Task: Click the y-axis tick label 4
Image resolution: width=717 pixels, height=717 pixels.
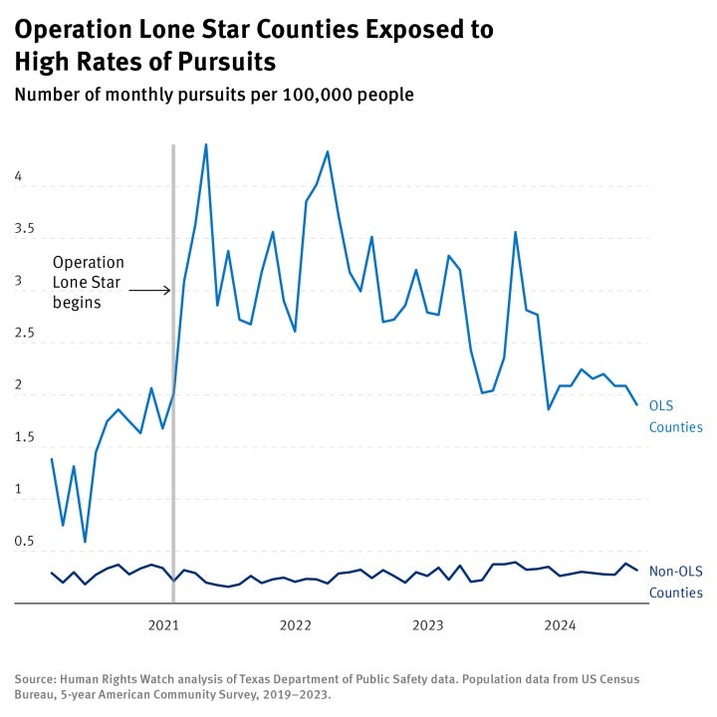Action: pos(18,176)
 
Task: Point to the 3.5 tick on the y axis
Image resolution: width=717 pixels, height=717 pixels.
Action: pos(24,228)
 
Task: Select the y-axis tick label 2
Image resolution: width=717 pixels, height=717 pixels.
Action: pos(18,385)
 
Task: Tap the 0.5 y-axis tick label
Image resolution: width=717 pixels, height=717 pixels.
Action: pos(24,542)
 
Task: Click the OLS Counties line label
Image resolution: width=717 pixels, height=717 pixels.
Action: pos(675,416)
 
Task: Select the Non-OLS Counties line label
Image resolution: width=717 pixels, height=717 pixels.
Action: pos(675,582)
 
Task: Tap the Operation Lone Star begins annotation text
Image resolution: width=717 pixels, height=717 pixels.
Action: pos(89,282)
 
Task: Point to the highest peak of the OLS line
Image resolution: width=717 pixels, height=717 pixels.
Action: pos(206,144)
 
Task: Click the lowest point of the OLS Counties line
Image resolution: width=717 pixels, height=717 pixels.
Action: pos(85,542)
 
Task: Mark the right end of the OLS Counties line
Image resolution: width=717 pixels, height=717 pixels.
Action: pos(637,403)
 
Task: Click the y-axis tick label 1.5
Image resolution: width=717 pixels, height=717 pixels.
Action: pos(24,437)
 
